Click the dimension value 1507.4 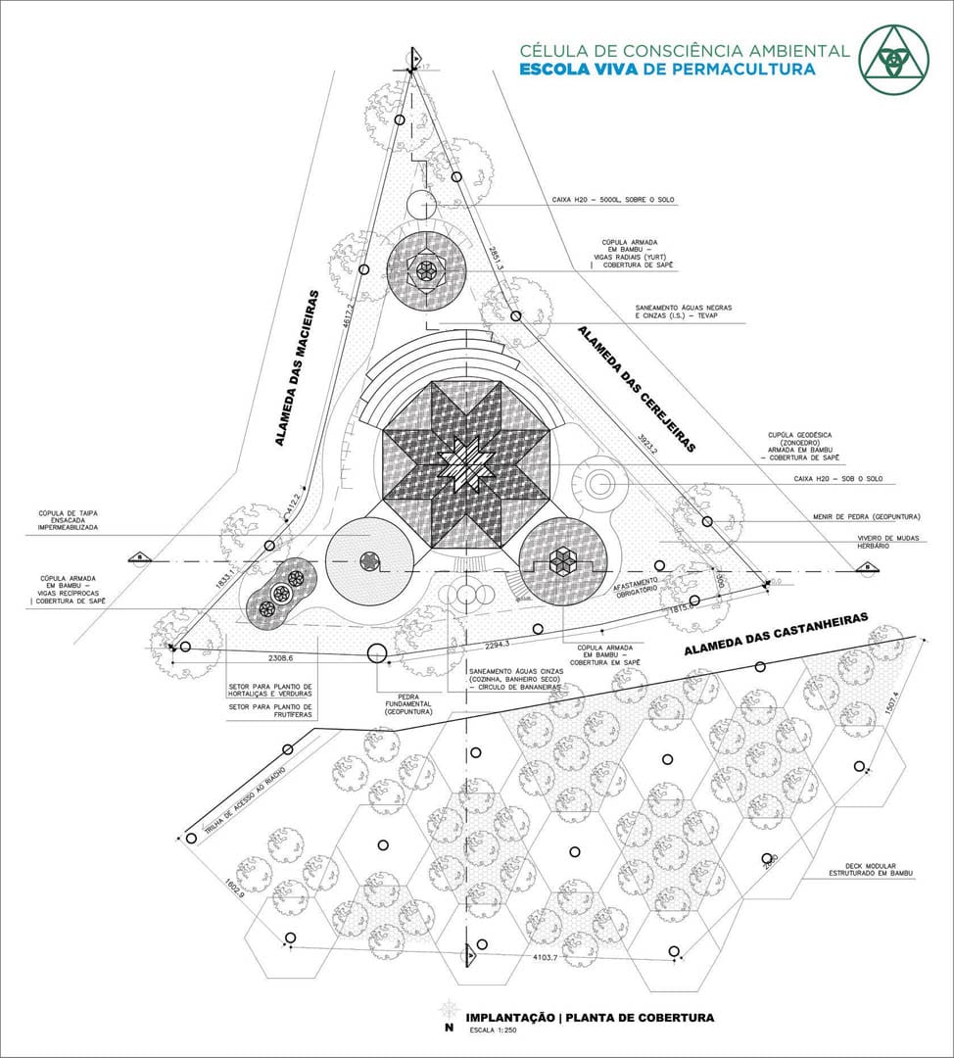891,701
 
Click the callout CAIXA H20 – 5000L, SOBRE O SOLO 613,200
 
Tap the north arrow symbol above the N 449,1008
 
